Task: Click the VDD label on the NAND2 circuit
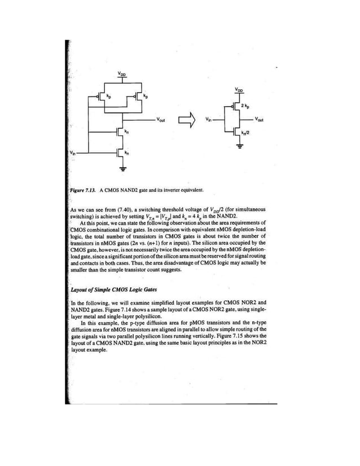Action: pyautogui.click(x=122, y=73)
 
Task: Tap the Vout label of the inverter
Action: pyautogui.click(x=260, y=119)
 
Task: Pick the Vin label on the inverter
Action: pyautogui.click(x=209, y=120)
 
